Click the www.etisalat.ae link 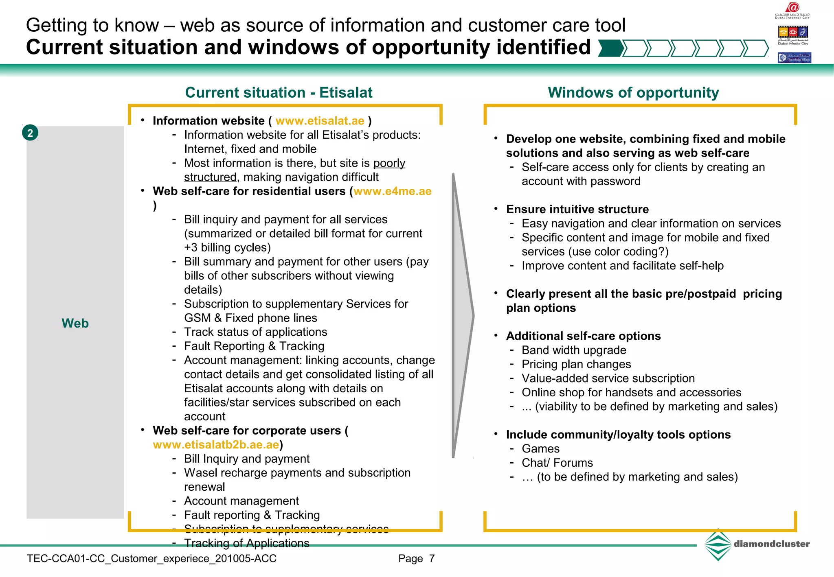(320, 121)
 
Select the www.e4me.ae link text (392, 191)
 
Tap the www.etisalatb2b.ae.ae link (216, 445)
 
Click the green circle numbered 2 (30, 133)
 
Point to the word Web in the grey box (75, 323)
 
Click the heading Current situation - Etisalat (279, 92)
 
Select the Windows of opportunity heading (633, 92)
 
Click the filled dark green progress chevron (610, 48)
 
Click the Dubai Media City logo (792, 35)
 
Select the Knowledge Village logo (794, 58)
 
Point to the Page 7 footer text (416, 559)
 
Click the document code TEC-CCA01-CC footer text (151, 559)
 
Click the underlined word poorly (389, 163)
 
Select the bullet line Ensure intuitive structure (577, 209)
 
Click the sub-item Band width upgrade (574, 350)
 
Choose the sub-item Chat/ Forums (557, 463)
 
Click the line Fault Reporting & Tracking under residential (254, 346)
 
